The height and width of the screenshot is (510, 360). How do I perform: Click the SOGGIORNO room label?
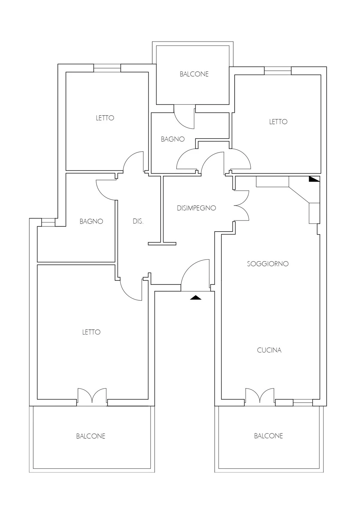tap(268, 264)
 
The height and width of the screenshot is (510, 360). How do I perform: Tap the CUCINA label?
tap(269, 350)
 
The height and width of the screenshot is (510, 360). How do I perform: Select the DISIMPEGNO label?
tap(196, 208)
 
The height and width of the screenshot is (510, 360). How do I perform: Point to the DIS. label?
tap(138, 221)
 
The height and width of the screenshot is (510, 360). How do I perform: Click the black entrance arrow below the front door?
tap(196, 297)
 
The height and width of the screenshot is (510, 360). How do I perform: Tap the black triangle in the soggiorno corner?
tap(314, 179)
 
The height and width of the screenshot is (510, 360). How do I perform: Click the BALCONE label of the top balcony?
tap(194, 74)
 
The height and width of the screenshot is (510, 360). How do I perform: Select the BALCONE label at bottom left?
tap(91, 436)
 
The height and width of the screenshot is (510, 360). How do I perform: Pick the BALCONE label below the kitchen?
tap(269, 436)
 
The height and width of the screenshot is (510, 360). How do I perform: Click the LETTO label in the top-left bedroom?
tap(105, 118)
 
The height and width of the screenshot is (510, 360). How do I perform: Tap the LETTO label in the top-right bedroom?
tap(278, 121)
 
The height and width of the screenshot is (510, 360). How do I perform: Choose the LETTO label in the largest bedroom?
tap(91, 332)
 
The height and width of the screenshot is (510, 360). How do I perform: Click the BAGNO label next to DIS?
tap(91, 221)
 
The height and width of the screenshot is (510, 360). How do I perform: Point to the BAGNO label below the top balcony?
tap(173, 139)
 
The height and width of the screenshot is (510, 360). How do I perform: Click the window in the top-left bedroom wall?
tap(107, 68)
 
